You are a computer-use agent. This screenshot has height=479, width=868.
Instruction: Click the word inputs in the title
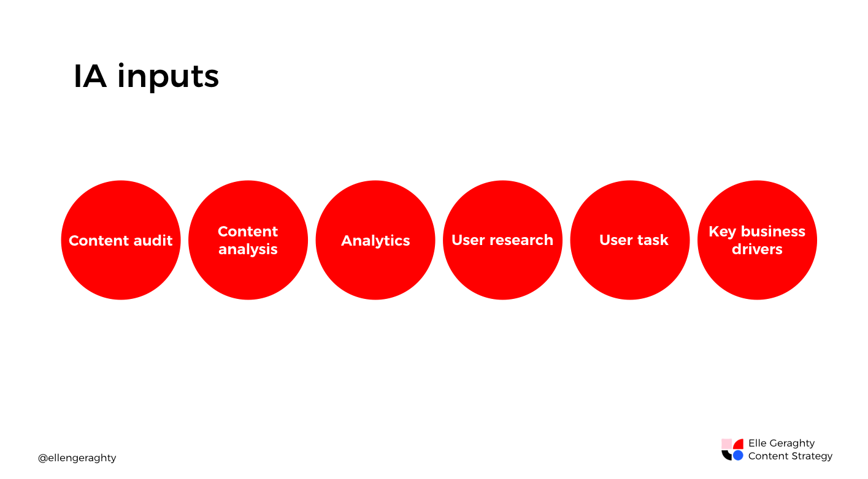coord(167,78)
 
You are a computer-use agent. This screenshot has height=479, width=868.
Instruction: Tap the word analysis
coord(248,249)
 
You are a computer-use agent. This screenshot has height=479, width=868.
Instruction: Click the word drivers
coord(757,249)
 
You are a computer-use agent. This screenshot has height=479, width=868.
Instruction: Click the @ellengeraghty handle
coord(77,458)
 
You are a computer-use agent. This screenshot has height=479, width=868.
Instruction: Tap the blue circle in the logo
coord(738,456)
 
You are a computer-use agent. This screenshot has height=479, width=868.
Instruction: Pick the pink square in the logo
coord(726,443)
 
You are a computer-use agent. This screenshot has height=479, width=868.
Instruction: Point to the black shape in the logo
coord(727,455)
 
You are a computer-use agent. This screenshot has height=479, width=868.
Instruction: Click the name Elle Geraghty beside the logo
coord(782,443)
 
